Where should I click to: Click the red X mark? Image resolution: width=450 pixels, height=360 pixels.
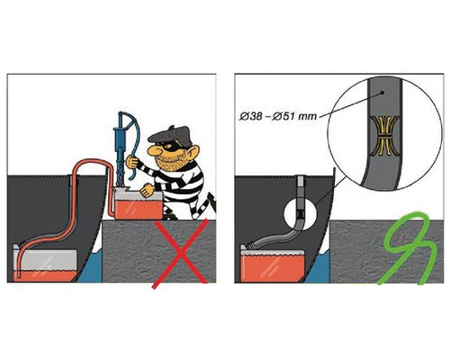point(181,254)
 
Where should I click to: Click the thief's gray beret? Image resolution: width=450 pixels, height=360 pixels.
point(170,135)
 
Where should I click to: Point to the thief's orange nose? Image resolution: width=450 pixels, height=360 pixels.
point(153,151)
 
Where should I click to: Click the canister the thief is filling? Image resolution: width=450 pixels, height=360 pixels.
point(139,204)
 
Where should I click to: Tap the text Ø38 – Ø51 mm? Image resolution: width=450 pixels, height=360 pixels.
point(278,116)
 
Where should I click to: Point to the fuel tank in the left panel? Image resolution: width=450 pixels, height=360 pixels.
point(45,264)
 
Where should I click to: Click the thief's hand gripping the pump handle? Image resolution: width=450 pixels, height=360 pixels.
point(132,162)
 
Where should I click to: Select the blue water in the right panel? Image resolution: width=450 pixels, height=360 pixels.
point(318,268)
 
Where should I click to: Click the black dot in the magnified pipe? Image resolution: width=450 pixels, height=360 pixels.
point(382,93)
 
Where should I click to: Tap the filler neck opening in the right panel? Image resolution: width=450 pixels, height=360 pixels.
point(301,181)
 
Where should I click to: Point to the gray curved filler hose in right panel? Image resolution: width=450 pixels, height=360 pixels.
point(279,236)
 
